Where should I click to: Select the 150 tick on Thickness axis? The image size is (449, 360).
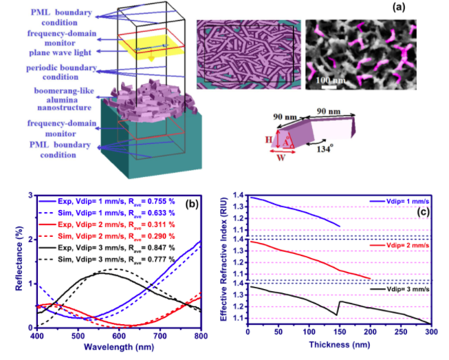click(340, 335)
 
